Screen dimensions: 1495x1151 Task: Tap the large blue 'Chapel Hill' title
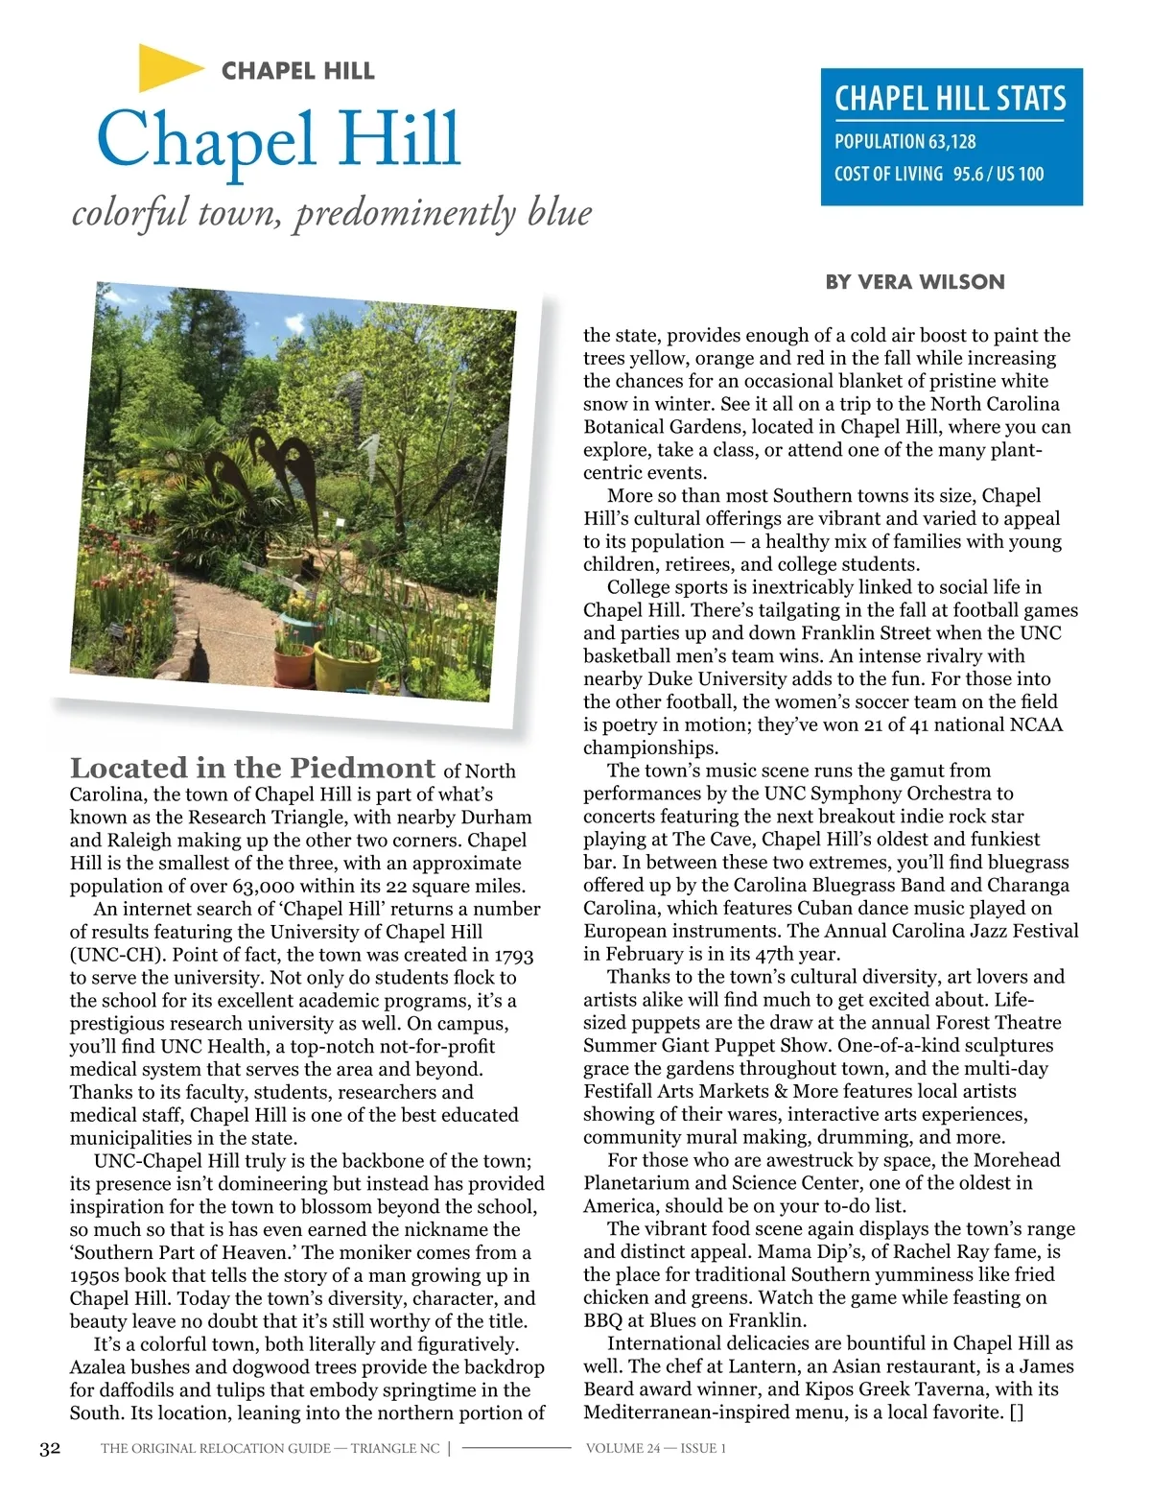(x=278, y=140)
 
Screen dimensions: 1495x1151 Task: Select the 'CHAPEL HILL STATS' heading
(x=950, y=99)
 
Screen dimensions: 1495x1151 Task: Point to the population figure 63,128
(x=951, y=142)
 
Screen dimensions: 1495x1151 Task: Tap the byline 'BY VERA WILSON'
(x=915, y=282)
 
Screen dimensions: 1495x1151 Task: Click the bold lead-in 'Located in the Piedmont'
(x=252, y=769)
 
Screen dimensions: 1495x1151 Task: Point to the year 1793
(x=514, y=956)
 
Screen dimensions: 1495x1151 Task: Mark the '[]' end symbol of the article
(x=1016, y=1413)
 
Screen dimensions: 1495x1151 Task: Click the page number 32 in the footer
(x=50, y=1449)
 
